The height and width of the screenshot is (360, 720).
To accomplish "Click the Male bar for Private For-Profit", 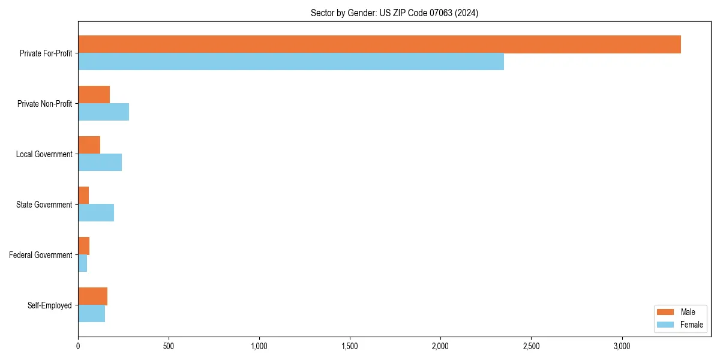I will (379, 44).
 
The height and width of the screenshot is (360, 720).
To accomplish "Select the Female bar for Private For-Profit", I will (291, 62).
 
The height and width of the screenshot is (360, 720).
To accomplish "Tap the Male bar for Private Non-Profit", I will (94, 95).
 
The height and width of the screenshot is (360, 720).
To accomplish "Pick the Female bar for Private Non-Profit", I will (103, 112).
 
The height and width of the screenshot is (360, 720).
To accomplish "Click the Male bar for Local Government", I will (89, 145).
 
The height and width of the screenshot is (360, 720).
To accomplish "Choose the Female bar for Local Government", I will (100, 163).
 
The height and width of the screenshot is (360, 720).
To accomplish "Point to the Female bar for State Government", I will (96, 213).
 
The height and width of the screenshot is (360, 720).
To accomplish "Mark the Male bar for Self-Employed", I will (92, 296).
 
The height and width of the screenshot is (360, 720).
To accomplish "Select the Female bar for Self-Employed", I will (91, 314).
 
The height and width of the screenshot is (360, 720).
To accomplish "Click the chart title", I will (394, 13).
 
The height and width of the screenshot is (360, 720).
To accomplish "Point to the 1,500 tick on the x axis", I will (350, 346).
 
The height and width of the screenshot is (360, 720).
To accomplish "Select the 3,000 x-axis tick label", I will (622, 346).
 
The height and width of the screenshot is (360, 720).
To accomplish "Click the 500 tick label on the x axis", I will (169, 346).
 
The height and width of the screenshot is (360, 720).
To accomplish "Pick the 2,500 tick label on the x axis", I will (531, 346).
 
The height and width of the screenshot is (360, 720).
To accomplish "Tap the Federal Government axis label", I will (41, 255).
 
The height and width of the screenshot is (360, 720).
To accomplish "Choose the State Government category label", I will (44, 205).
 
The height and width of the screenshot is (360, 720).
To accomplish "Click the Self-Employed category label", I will (50, 305).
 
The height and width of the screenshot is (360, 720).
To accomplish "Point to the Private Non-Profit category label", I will (44, 104).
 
